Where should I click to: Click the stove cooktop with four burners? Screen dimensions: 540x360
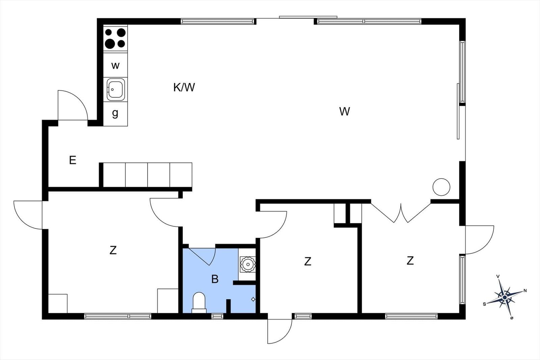point(115,38)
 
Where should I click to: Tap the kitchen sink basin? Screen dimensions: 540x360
point(115,89)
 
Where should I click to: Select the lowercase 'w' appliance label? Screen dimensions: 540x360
point(115,65)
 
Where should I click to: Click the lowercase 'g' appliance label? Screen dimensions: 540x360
point(115,113)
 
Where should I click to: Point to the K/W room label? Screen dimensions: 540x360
point(184,87)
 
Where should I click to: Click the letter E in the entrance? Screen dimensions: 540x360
point(73,160)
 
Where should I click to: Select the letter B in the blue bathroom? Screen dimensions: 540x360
point(215,279)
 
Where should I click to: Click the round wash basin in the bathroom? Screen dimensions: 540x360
point(248,265)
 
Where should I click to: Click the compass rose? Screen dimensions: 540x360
point(505,297)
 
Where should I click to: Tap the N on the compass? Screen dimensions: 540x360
point(525,291)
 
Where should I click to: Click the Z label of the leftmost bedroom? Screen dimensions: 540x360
point(113,250)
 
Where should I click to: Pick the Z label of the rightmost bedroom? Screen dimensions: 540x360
point(410,260)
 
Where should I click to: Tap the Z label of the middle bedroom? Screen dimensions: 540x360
point(307,261)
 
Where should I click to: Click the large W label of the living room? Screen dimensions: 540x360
point(345,111)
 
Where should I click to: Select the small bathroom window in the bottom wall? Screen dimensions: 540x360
point(217,316)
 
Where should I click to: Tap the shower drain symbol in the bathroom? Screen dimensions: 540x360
point(253,299)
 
